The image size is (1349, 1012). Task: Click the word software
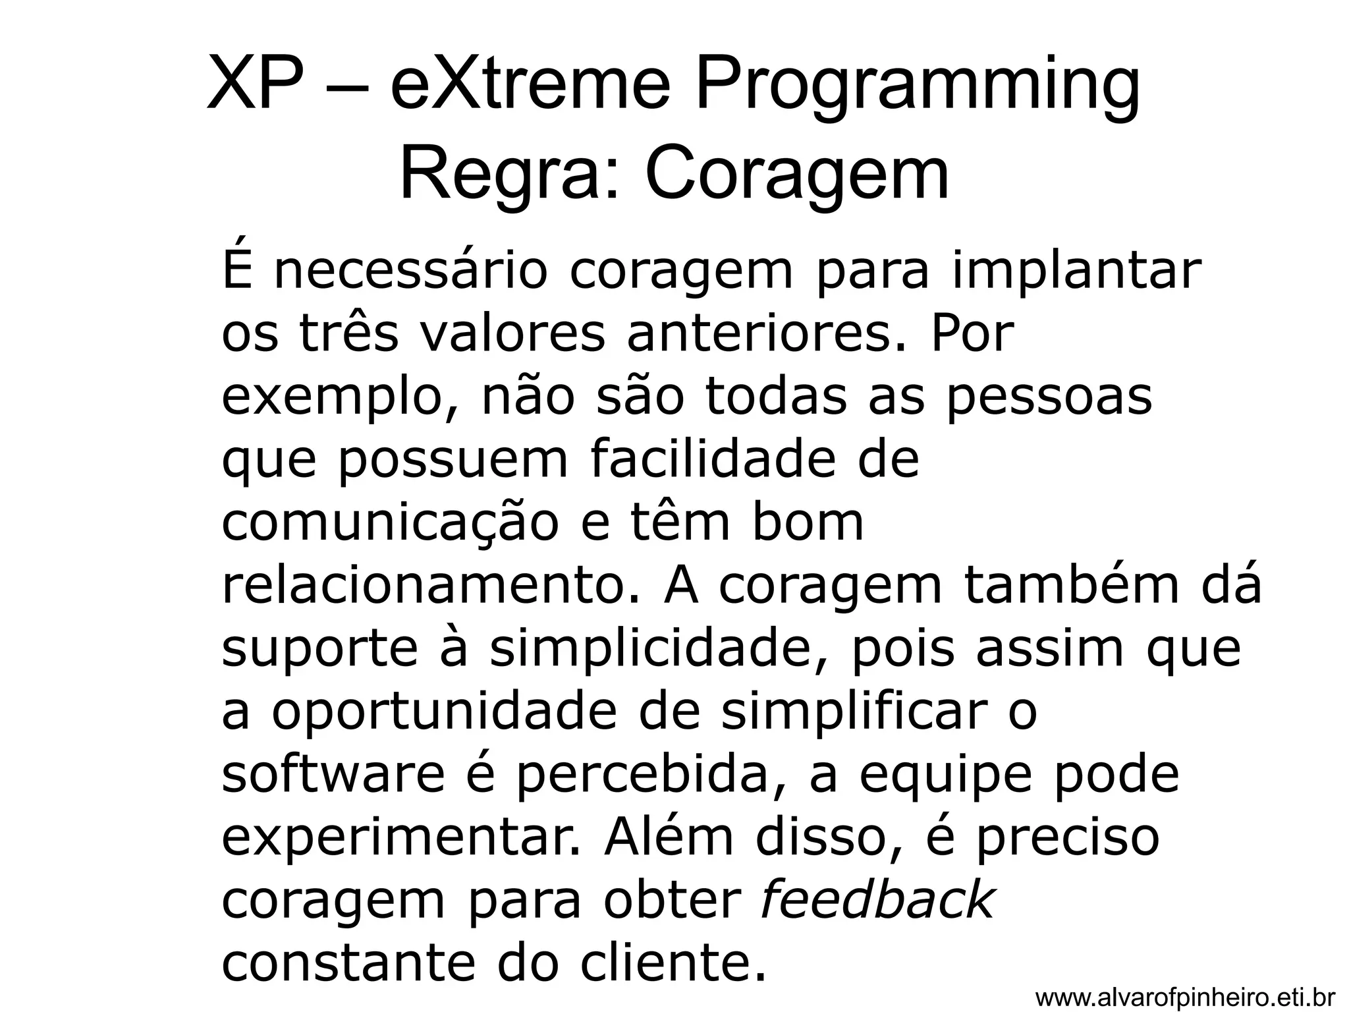(x=333, y=775)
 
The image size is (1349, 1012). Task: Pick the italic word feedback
(x=876, y=901)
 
